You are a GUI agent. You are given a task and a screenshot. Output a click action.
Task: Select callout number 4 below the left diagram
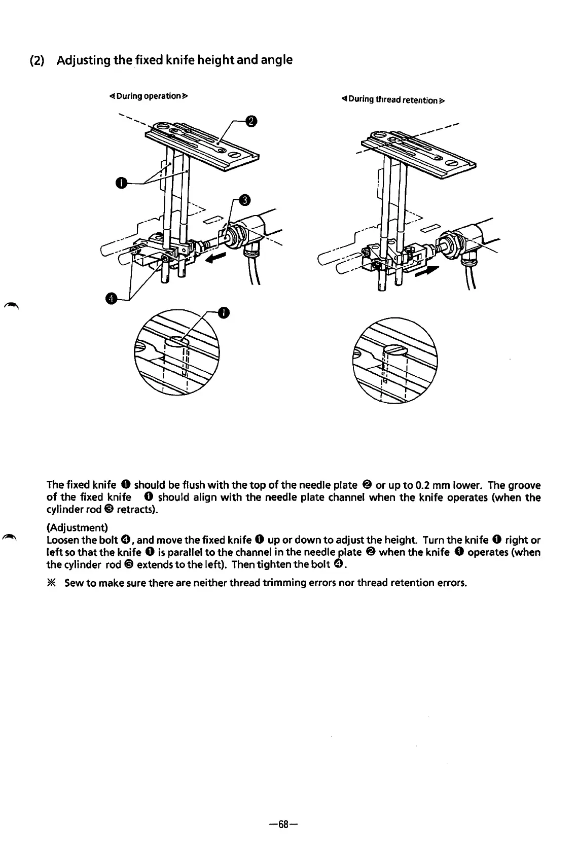[110, 298]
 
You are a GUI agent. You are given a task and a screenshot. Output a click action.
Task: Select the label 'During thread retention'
[393, 100]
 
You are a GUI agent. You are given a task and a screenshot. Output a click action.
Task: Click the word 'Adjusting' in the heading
[84, 60]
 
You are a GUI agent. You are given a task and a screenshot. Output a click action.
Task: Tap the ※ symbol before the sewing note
[52, 583]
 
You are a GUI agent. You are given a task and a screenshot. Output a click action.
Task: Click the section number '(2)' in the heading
[39, 61]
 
